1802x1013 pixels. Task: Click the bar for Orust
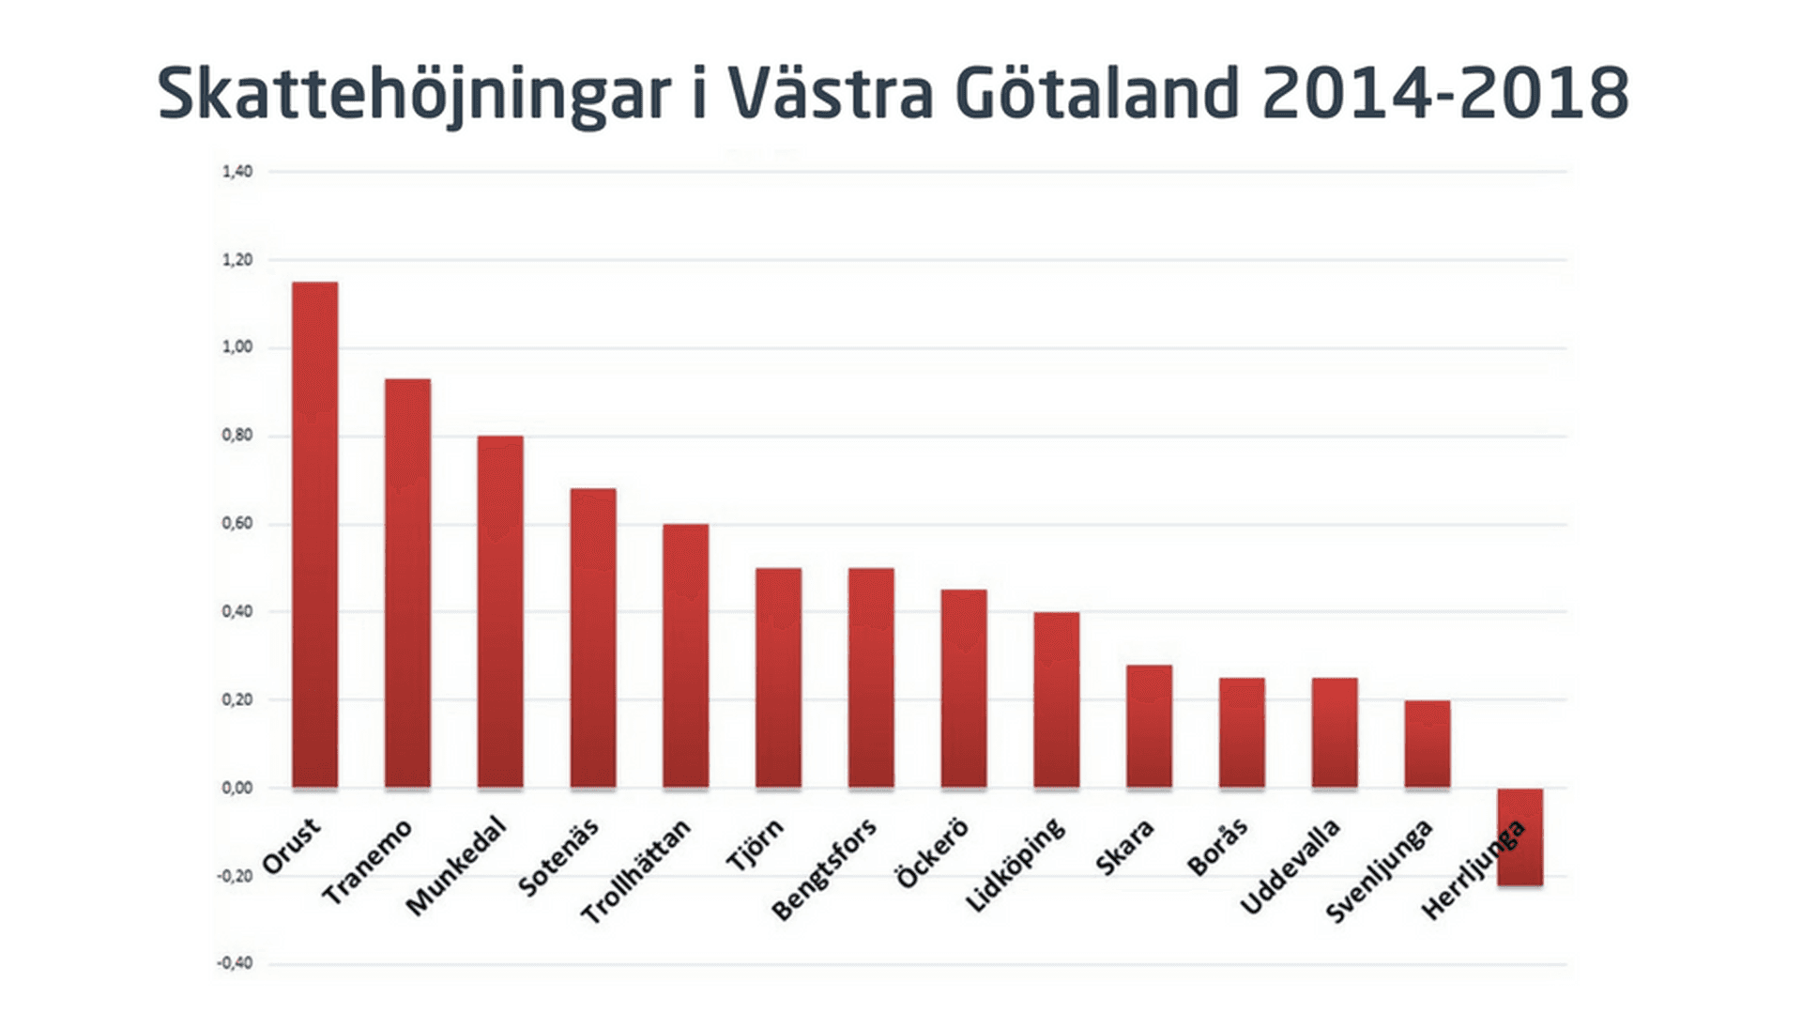tap(314, 534)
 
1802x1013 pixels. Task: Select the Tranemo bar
tap(407, 583)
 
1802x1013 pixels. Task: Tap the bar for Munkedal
tap(499, 611)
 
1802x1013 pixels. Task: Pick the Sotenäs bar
tap(592, 637)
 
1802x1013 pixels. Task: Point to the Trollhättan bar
tap(685, 655)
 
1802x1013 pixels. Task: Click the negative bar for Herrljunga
tap(1519, 836)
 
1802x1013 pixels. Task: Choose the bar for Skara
tap(1149, 726)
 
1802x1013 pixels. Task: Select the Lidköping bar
tap(1056, 699)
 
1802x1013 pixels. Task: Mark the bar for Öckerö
tap(964, 688)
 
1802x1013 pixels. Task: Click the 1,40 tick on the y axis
tap(237, 172)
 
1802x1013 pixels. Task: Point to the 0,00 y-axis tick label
tap(237, 788)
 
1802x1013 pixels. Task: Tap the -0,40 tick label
tap(235, 963)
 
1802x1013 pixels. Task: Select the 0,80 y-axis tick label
tap(237, 436)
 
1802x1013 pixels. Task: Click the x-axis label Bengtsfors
tap(823, 869)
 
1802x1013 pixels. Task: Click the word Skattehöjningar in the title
tap(414, 95)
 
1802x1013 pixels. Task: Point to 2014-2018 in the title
tap(1445, 95)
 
